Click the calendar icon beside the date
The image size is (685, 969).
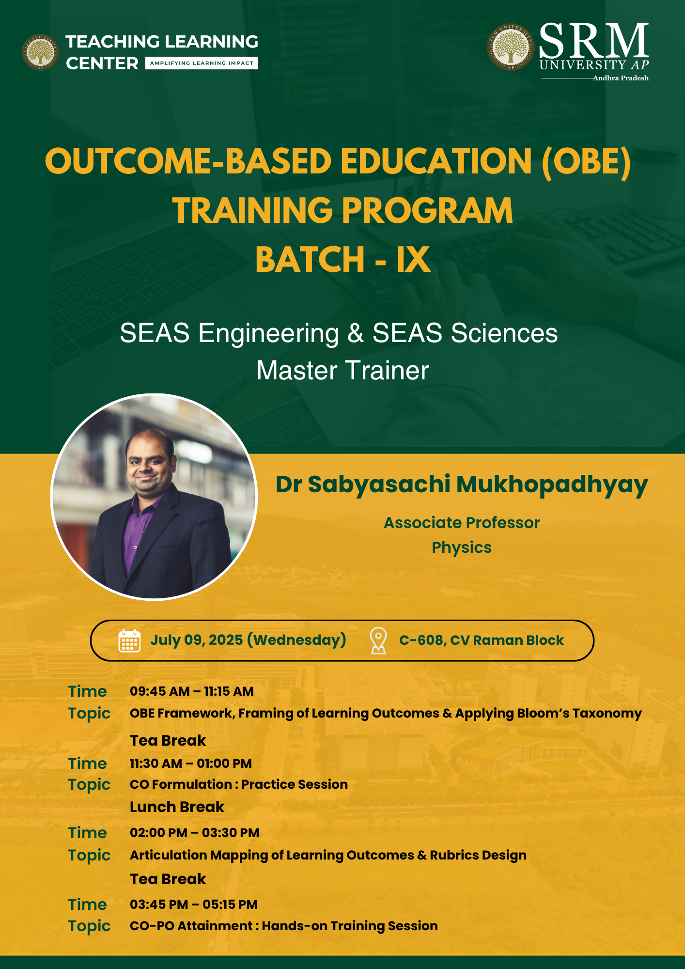coord(129,641)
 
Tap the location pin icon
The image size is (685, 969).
coord(378,641)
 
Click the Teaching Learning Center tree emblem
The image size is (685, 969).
coord(40,52)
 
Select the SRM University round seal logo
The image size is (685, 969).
coord(510,47)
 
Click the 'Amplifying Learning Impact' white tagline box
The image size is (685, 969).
coord(202,63)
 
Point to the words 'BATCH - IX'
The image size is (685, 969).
coord(343,259)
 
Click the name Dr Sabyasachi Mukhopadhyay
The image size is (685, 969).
coord(462,484)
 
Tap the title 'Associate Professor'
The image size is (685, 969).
coord(462,523)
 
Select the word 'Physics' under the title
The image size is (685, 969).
coord(462,547)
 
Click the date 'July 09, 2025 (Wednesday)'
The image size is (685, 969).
coord(248,640)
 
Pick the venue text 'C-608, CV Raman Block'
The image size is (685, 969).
coord(482,641)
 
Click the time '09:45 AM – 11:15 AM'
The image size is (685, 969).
coord(192,691)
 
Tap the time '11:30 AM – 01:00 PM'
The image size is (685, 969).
coord(191,764)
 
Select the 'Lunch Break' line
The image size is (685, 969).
coord(177,807)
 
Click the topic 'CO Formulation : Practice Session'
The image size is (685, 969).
coord(239,784)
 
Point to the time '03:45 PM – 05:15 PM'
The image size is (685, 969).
coord(194,905)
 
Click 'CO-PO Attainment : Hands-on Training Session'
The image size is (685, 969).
coord(284,926)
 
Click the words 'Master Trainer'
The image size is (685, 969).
coord(342,371)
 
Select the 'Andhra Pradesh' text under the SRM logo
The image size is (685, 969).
coord(621,78)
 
